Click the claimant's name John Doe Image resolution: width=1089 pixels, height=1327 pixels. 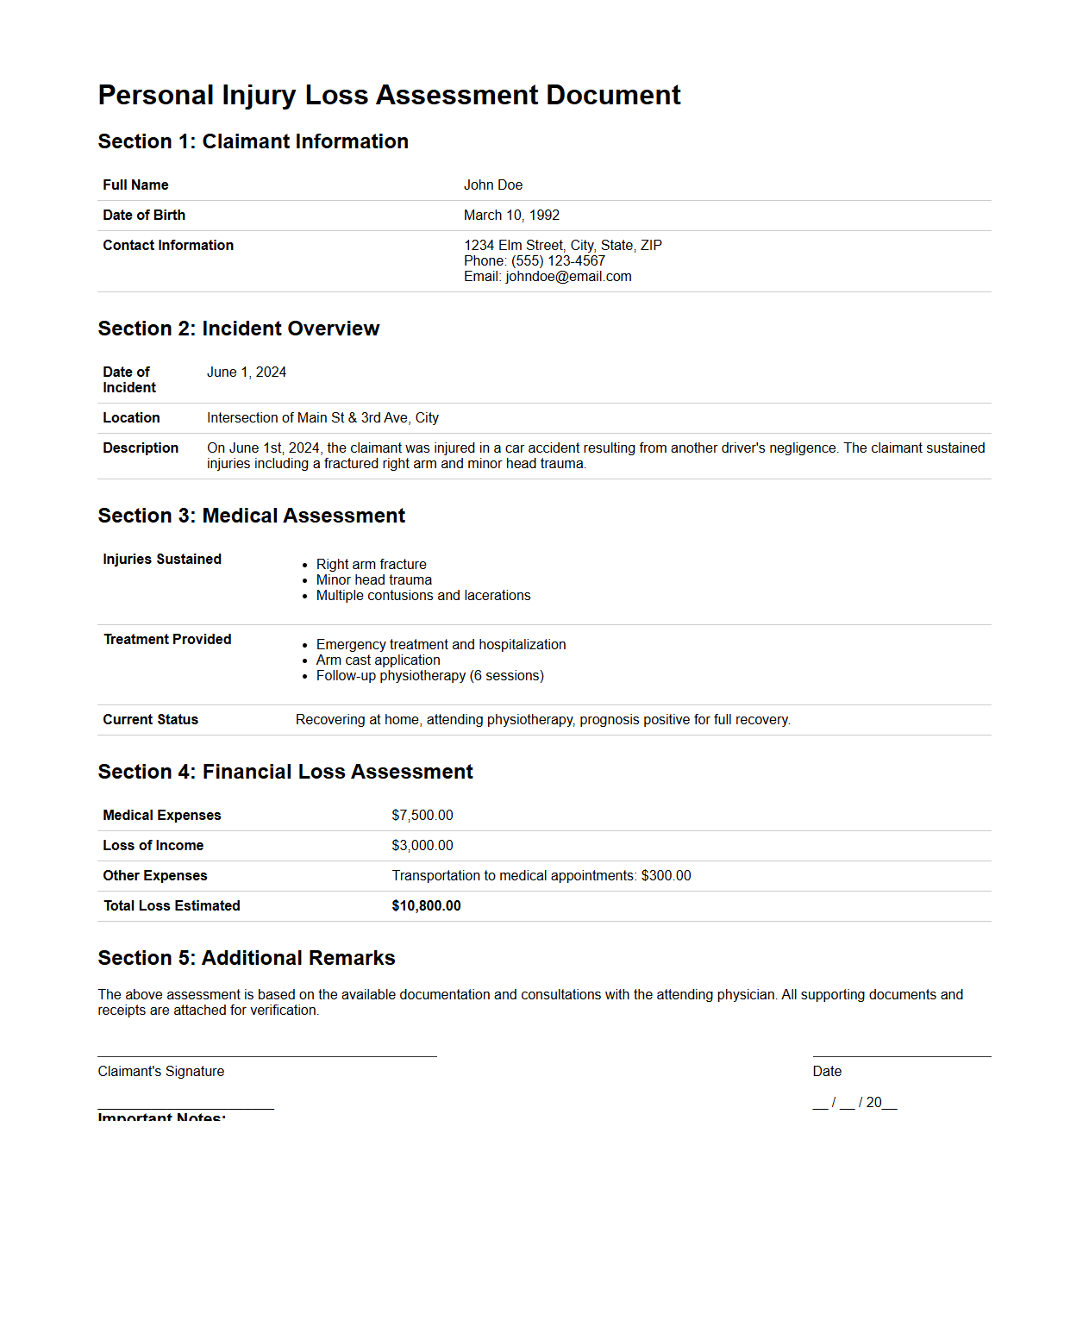point(492,185)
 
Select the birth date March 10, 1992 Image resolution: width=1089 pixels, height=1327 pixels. point(511,216)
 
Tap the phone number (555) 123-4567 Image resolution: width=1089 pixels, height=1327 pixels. point(558,261)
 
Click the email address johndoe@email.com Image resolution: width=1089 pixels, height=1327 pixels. point(568,277)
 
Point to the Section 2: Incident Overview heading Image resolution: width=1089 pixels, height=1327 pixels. point(238,329)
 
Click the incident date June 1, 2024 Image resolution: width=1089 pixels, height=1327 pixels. point(246,372)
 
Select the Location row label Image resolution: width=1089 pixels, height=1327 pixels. point(131,418)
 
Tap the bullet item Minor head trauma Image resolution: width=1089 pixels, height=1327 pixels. point(373,580)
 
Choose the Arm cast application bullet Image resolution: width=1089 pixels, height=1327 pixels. point(378,660)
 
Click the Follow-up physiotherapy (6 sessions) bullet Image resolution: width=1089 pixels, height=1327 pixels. point(429,676)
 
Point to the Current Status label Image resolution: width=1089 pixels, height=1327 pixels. point(150,720)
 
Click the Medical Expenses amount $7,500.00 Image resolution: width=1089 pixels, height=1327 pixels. point(422,816)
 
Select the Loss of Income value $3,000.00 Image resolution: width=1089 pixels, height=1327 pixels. point(422,846)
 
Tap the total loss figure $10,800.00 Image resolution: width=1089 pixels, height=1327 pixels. point(426,906)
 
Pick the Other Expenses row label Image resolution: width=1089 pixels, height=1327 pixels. point(154,876)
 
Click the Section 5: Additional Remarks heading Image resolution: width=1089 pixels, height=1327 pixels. point(246,958)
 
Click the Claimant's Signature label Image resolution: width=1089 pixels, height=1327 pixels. point(160,1072)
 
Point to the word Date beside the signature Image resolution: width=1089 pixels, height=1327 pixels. point(826,1072)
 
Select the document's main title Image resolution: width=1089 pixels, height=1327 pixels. point(389,95)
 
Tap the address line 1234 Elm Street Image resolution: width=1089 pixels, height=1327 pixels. point(562,246)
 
